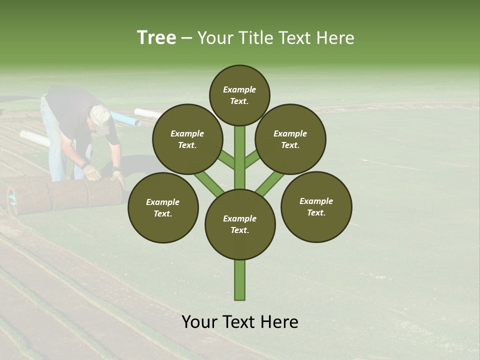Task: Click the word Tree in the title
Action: point(156,37)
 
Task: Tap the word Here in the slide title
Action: point(336,38)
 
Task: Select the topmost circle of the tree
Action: point(239,95)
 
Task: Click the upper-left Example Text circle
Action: point(187,139)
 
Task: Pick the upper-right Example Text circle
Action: point(290,139)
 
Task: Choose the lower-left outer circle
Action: point(163,207)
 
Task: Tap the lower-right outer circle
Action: point(316,206)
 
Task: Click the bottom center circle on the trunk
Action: point(240,224)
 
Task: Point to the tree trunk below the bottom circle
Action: point(240,280)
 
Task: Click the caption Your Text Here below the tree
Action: point(240,322)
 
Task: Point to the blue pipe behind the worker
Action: point(125,119)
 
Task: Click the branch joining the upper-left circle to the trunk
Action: point(226,160)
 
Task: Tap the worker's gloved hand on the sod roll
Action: point(92,172)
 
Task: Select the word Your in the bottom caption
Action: point(199,322)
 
